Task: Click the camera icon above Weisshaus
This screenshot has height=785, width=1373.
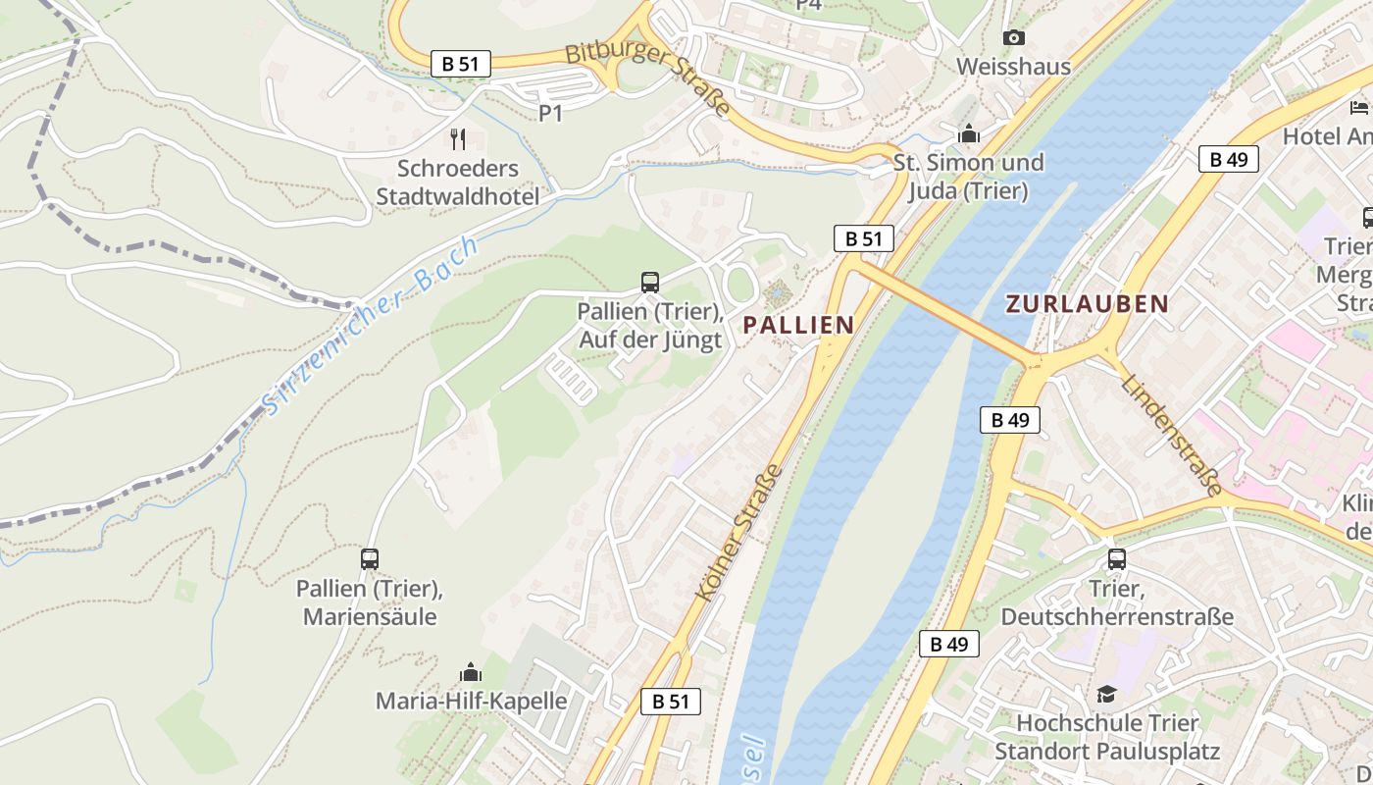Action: pyautogui.click(x=1014, y=38)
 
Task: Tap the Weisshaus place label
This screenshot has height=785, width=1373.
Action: pyautogui.click(x=1013, y=67)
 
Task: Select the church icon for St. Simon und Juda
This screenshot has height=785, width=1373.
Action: pyautogui.click(x=969, y=133)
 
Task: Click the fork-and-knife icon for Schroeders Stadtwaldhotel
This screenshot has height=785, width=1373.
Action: pyautogui.click(x=458, y=138)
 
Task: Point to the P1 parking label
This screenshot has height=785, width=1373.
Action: pyautogui.click(x=551, y=114)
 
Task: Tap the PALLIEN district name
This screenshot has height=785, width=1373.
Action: pyautogui.click(x=797, y=325)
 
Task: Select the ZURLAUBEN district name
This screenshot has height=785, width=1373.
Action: pyautogui.click(x=1087, y=304)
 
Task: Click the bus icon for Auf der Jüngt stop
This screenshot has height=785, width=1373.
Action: pyautogui.click(x=649, y=283)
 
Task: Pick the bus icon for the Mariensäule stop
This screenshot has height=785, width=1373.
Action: pyautogui.click(x=370, y=559)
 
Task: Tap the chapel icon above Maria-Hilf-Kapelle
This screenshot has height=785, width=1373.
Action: pyautogui.click(x=471, y=672)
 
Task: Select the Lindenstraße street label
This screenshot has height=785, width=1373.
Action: pyautogui.click(x=1172, y=436)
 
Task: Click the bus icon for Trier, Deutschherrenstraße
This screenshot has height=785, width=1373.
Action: pyautogui.click(x=1116, y=559)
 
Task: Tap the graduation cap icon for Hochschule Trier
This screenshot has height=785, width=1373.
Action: pyautogui.click(x=1106, y=694)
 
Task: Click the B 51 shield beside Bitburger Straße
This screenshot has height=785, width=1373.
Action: pyautogui.click(x=460, y=64)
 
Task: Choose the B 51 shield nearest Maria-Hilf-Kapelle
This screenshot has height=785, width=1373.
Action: pyautogui.click(x=671, y=701)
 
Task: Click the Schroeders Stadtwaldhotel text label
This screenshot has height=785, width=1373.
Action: pyautogui.click(x=458, y=183)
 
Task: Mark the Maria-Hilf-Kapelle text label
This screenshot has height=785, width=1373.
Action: pyautogui.click(x=471, y=701)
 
